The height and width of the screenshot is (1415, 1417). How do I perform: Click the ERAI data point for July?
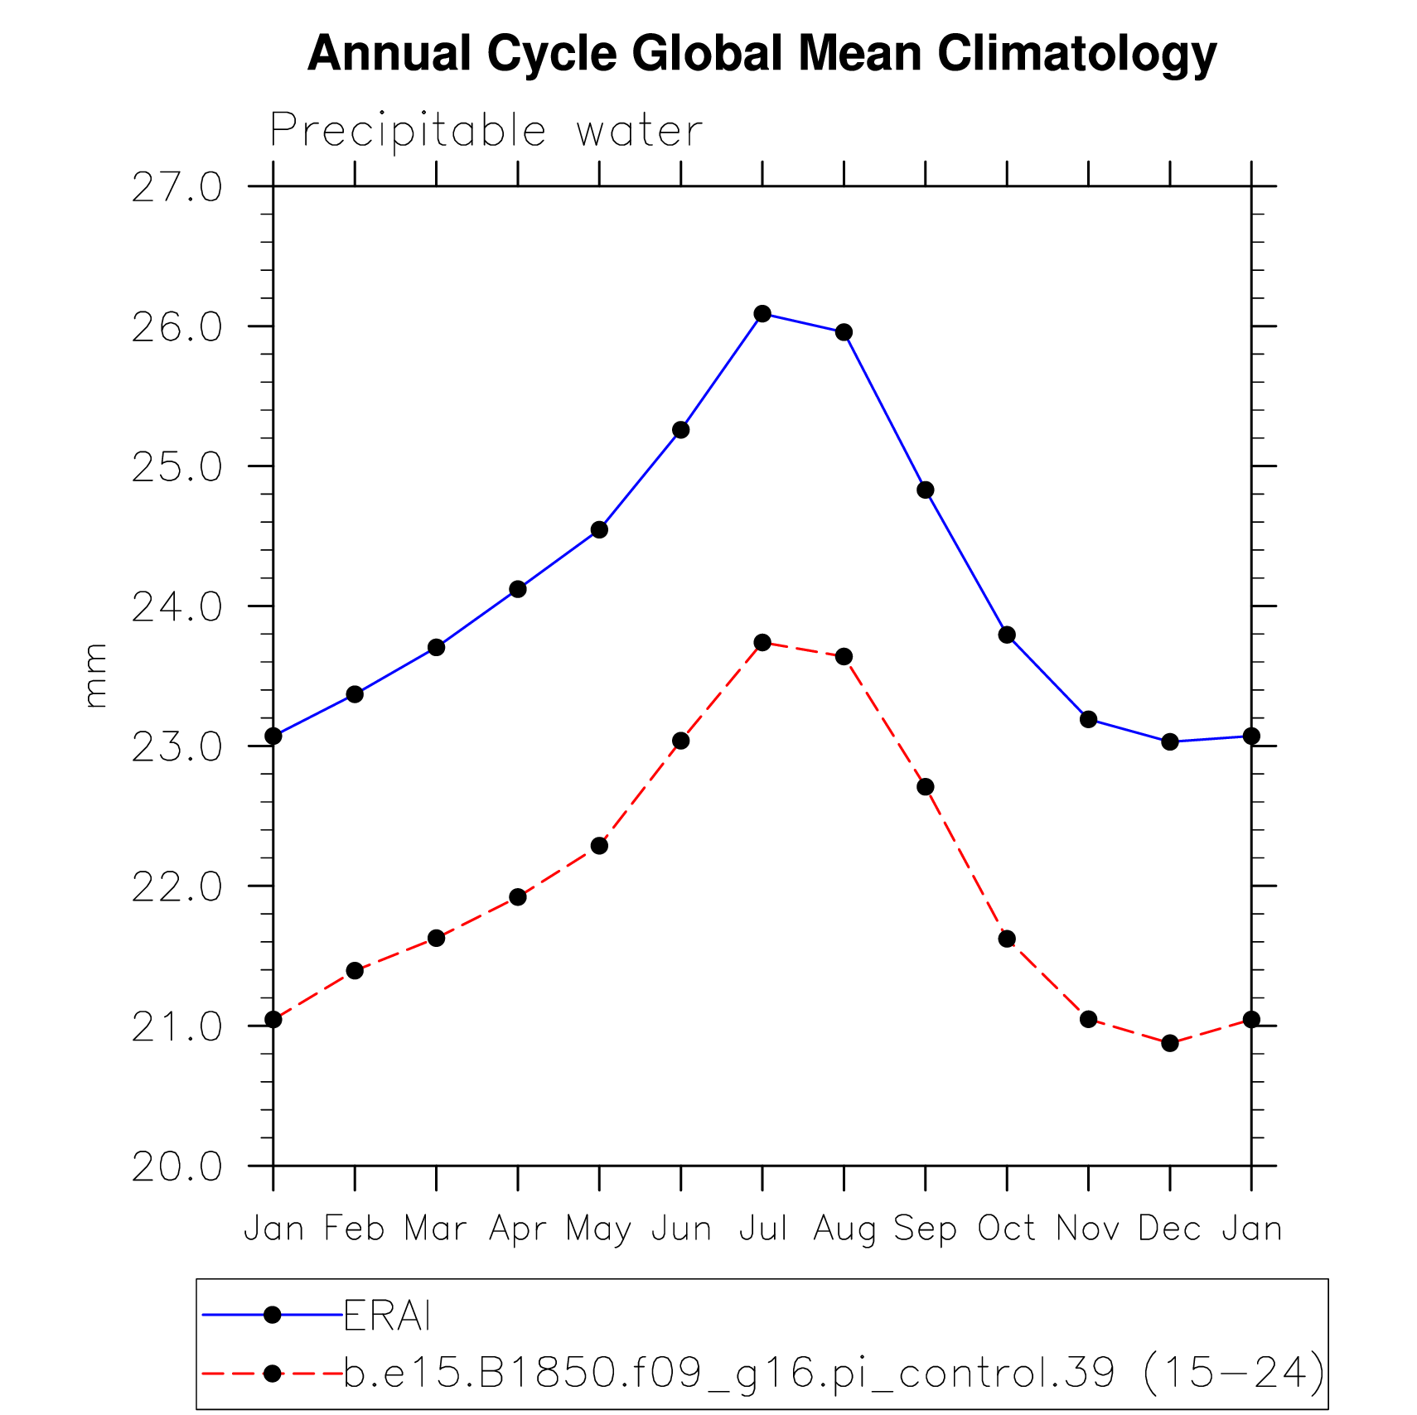point(762,313)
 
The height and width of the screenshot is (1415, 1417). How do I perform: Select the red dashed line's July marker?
point(762,642)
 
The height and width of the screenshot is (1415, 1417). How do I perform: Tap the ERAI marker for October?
point(1007,635)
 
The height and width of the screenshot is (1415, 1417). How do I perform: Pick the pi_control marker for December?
point(1169,1043)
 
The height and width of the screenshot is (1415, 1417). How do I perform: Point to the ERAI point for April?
point(518,589)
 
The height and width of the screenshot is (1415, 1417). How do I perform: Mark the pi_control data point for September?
point(926,786)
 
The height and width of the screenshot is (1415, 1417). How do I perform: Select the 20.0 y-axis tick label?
point(177,1167)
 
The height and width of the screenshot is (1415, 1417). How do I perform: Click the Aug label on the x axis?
point(844,1229)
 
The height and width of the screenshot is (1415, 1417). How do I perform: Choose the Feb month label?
point(355,1229)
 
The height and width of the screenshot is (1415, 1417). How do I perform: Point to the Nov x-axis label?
point(1088,1229)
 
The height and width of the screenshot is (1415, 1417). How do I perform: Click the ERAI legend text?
point(387,1316)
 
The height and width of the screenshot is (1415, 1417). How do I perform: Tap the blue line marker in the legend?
point(272,1315)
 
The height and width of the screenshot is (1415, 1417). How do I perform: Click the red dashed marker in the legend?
point(272,1374)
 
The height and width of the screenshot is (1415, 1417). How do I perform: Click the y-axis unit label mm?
point(95,675)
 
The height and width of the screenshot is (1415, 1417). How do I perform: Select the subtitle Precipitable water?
point(486,131)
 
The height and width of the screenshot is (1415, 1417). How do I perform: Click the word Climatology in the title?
point(1076,54)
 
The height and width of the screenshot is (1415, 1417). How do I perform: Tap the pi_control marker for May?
point(599,846)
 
